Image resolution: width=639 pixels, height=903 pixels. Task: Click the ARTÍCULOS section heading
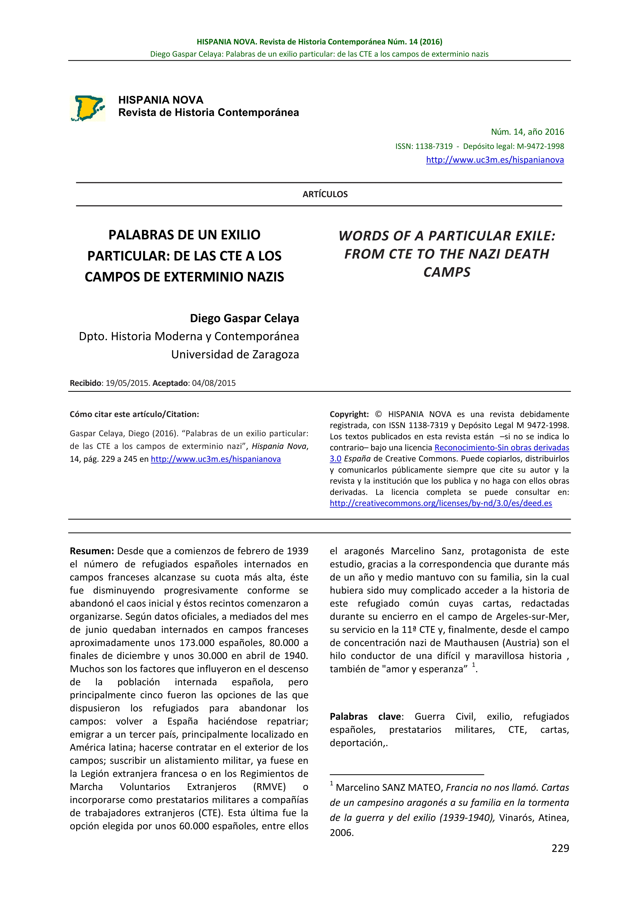tap(325, 194)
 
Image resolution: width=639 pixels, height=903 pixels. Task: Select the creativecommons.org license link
tap(441, 503)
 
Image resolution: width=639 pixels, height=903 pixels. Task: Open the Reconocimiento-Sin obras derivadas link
tap(502, 448)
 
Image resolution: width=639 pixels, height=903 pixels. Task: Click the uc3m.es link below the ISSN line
tap(495, 160)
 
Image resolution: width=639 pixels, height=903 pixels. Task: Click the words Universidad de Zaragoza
tap(235, 354)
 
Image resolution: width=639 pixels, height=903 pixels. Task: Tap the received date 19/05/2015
tap(127, 383)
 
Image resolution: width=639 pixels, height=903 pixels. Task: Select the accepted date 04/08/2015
tap(214, 383)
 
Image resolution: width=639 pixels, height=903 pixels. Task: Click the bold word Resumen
tap(91, 551)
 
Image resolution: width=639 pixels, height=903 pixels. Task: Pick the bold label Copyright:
tap(349, 414)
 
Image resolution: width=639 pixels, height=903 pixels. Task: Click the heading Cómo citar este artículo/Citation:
tap(134, 414)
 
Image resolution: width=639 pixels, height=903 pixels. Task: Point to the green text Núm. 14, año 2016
tap(527, 132)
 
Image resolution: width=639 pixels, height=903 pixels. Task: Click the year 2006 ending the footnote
tap(341, 832)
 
